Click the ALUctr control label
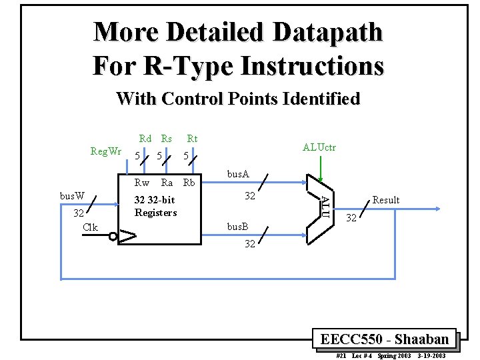319,147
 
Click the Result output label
385,200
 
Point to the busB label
238,227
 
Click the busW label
72,196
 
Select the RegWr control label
106,151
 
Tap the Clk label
90,227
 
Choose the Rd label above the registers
145,139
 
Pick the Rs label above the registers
166,139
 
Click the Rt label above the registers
192,139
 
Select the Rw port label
142,183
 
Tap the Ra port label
167,183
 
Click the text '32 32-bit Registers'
155,206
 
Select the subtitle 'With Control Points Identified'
238,99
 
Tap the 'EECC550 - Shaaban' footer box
385,339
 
